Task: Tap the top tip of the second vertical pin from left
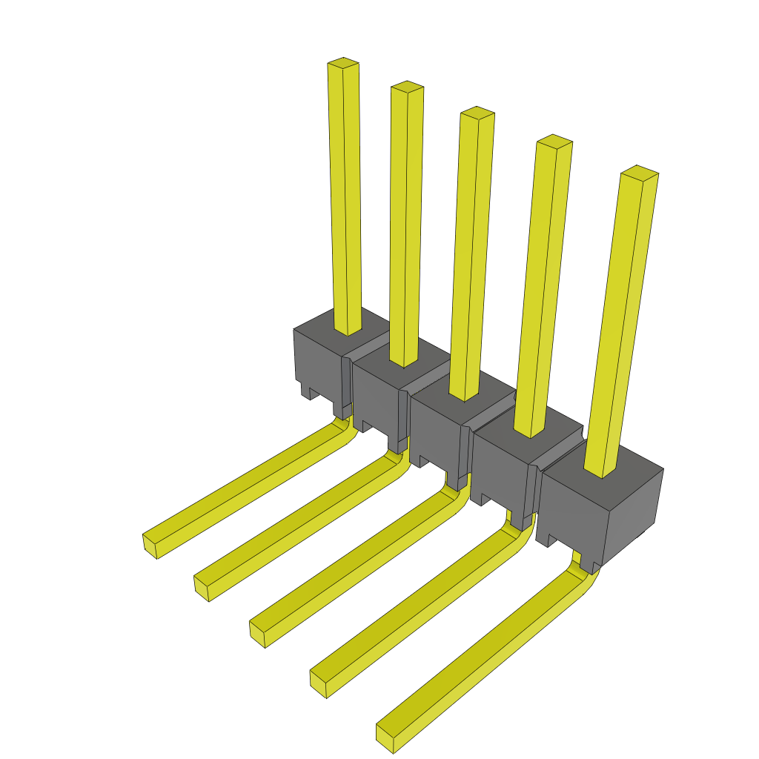407,87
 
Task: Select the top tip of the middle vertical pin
477,113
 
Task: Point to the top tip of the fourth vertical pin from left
554,141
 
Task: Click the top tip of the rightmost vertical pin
640,172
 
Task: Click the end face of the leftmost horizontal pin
150,545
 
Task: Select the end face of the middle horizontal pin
257,634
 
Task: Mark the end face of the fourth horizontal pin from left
318,683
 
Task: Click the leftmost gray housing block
317,363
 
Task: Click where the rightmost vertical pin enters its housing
601,470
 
